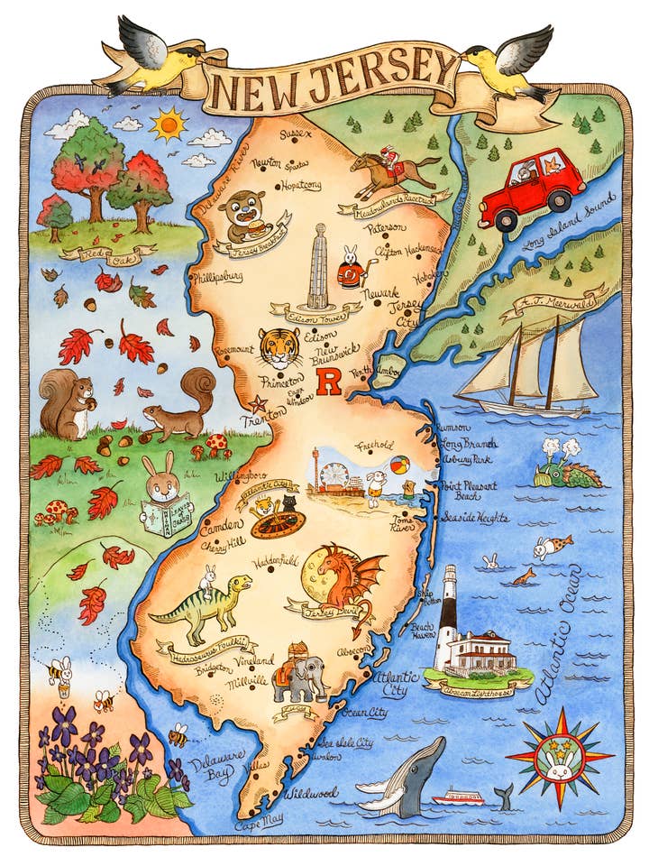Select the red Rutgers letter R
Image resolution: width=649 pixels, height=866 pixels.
tap(331, 385)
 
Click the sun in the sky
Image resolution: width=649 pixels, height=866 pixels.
tap(168, 123)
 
